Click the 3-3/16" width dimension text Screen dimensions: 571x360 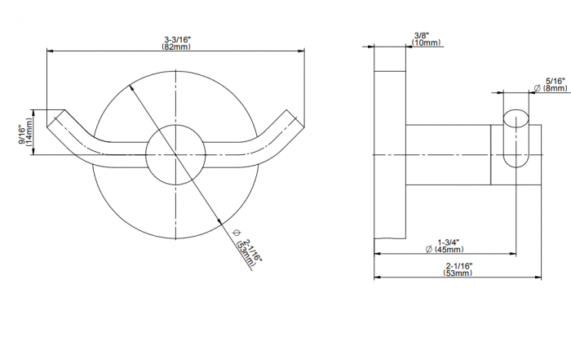tap(177, 39)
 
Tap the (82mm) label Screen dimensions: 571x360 tap(176, 47)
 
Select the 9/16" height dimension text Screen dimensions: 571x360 tap(22, 136)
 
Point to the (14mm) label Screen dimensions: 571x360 tap(29, 131)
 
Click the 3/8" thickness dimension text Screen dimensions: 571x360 tap(422, 35)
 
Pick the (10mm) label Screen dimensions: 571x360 tap(426, 42)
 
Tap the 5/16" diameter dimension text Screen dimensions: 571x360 tap(555, 81)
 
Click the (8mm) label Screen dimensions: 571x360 tap(555, 88)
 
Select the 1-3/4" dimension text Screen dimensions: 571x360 tap(449, 242)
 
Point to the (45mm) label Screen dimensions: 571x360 tap(449, 250)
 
